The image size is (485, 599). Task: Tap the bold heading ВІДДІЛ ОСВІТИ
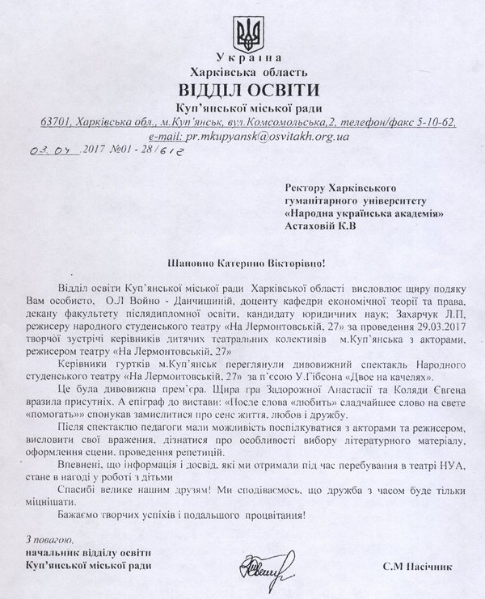249,89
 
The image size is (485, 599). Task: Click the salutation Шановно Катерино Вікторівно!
249,263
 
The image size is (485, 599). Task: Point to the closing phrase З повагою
51,539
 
